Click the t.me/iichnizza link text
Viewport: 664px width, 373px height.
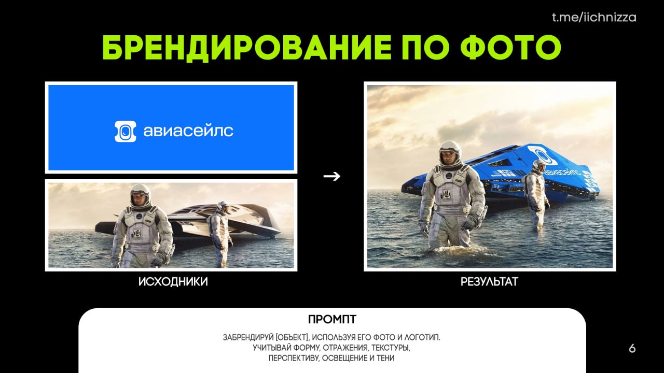pyautogui.click(x=594, y=18)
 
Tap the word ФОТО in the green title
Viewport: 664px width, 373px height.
pyautogui.click(x=511, y=47)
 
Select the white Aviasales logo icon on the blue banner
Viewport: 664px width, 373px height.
pyautogui.click(x=126, y=131)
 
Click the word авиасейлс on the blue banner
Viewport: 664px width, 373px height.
pyautogui.click(x=188, y=131)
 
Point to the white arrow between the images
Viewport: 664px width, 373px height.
pyautogui.click(x=331, y=176)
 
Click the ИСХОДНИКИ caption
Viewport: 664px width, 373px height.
pyautogui.click(x=173, y=281)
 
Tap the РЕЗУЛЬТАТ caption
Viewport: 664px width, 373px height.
pyautogui.click(x=489, y=281)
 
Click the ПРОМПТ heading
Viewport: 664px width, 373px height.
pyautogui.click(x=332, y=320)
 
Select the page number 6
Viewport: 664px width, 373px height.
pyautogui.click(x=632, y=349)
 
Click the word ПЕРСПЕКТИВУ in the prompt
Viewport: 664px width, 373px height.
pyautogui.click(x=294, y=358)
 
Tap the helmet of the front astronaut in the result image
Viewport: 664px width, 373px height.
pyautogui.click(x=450, y=153)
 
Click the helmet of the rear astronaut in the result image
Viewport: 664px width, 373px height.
pyautogui.click(x=539, y=166)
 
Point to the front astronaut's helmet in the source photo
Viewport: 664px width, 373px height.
pyautogui.click(x=140, y=195)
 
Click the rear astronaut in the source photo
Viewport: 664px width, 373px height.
pyautogui.click(x=219, y=233)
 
